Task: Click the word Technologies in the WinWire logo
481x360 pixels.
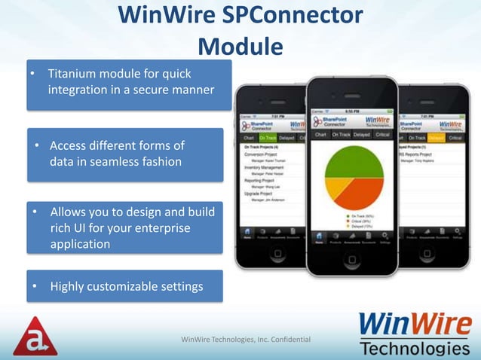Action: pyautogui.click(x=415, y=348)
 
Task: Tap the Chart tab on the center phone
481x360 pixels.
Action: pyautogui.click(x=320, y=135)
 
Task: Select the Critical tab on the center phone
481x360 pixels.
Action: pyautogui.click(x=383, y=135)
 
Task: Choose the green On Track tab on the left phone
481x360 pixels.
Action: pyautogui.click(x=268, y=138)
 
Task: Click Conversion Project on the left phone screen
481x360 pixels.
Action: pyautogui.click(x=262, y=154)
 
